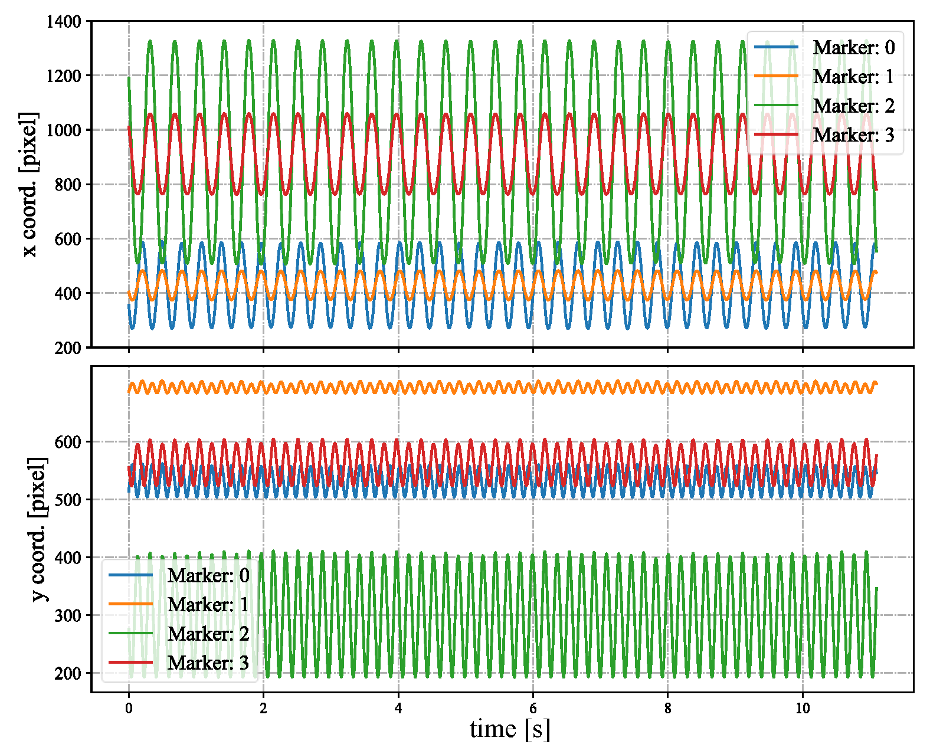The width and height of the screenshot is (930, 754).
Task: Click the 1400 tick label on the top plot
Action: click(x=64, y=22)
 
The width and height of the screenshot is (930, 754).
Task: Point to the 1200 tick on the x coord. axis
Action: click(x=64, y=76)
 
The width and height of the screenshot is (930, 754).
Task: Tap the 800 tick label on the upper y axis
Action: click(x=68, y=185)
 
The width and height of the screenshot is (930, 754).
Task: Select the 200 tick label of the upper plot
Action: click(x=68, y=348)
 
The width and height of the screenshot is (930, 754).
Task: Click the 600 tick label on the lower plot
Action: click(x=68, y=442)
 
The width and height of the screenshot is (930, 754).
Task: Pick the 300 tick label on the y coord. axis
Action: click(x=68, y=615)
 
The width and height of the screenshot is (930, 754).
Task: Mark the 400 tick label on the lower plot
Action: click(x=68, y=558)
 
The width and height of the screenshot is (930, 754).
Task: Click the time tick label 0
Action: click(x=129, y=708)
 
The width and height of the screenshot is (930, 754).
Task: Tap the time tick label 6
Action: click(x=533, y=708)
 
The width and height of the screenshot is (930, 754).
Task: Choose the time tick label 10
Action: click(x=803, y=708)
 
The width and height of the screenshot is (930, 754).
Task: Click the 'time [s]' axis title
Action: click(x=510, y=729)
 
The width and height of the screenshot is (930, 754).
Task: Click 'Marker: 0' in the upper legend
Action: click(x=853, y=48)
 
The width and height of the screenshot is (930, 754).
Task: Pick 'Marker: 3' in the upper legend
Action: click(x=853, y=135)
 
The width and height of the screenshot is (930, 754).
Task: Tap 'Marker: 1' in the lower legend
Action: click(x=208, y=605)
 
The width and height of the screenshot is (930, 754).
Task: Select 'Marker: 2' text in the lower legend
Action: click(x=208, y=634)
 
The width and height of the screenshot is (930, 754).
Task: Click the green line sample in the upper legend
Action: click(x=776, y=106)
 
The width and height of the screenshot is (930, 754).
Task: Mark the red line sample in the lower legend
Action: click(x=130, y=663)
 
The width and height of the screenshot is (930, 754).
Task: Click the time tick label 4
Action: click(x=398, y=708)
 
